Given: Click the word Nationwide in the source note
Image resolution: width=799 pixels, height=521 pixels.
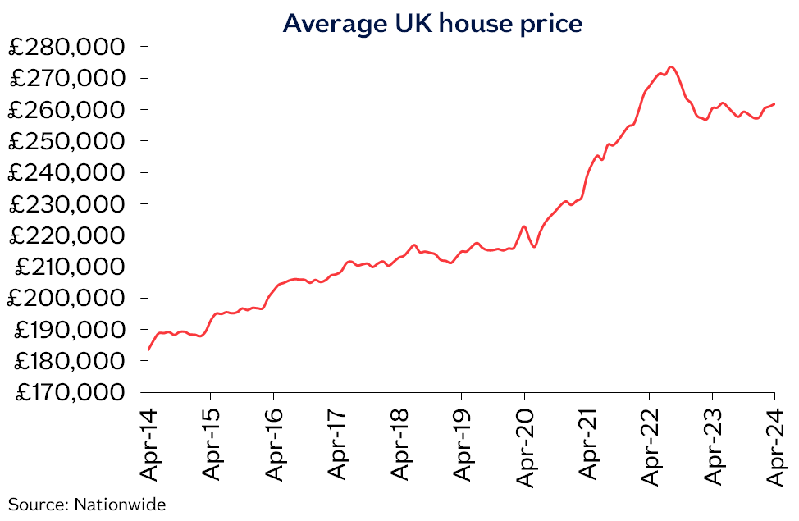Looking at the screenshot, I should click(x=120, y=504).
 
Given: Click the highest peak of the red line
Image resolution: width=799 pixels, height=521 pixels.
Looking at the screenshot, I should click(x=671, y=66).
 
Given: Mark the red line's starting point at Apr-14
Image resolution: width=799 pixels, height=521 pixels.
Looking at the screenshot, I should click(x=148, y=350).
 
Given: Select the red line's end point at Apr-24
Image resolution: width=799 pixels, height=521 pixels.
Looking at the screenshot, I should click(x=775, y=103).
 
